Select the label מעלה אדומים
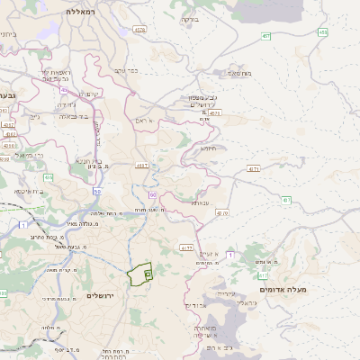pos(283,289)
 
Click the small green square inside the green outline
pos(148,273)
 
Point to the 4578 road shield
pos(139,30)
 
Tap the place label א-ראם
pos(148,120)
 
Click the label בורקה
pos(190,19)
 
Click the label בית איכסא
pos(31,191)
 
